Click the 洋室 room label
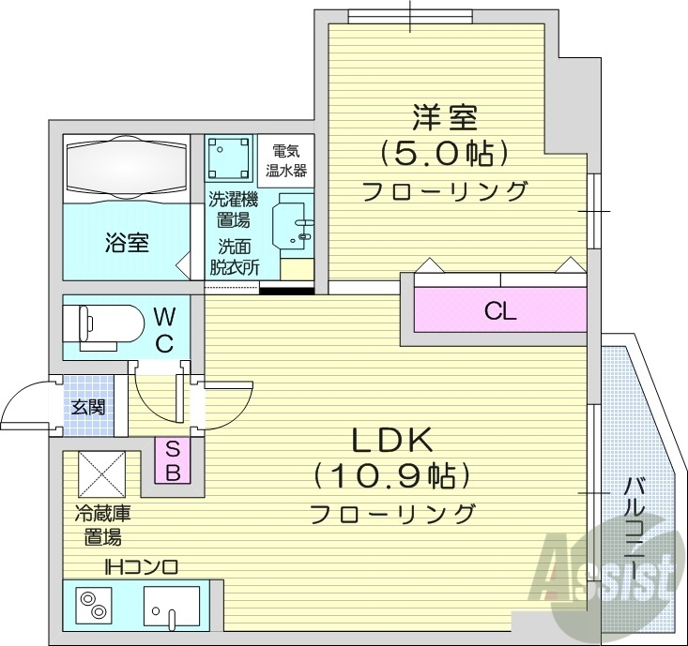[444, 118]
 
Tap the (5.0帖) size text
[444, 152]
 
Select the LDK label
[391, 439]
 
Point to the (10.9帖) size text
[391, 476]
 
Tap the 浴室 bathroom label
[126, 244]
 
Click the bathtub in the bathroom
[126, 169]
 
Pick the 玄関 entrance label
[87, 407]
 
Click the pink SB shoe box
[174, 460]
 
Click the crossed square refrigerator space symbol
[100, 473]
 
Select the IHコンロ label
[141, 567]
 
